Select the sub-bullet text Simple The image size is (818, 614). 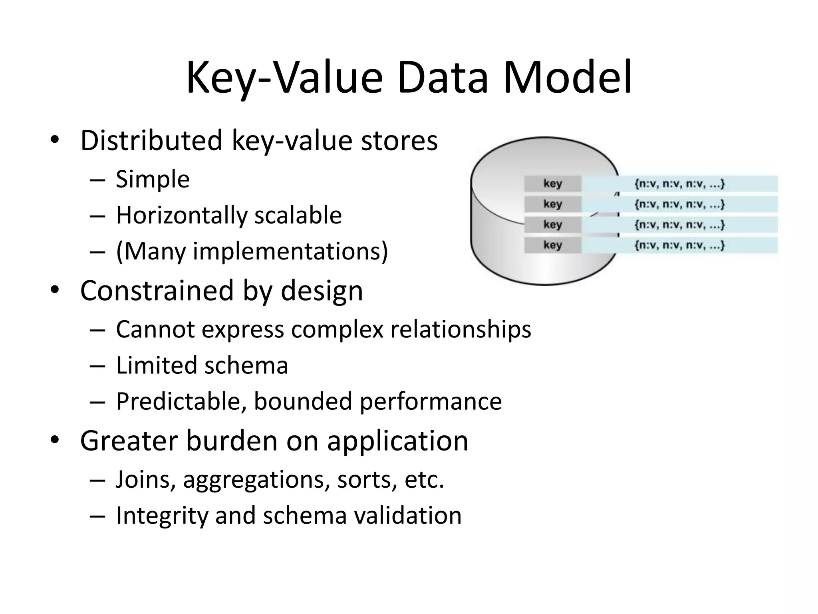tap(153, 179)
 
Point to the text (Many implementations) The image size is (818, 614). tap(252, 252)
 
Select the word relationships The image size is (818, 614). tap(460, 329)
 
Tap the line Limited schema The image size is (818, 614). tap(202, 365)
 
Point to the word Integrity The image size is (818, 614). tap(162, 516)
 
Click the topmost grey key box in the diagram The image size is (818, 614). tap(552, 184)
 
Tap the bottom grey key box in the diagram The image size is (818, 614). tap(552, 245)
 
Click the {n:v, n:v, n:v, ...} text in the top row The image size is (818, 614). tap(679, 184)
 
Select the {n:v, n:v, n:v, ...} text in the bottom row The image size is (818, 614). tap(679, 245)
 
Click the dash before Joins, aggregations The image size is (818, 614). tap(97, 479)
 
